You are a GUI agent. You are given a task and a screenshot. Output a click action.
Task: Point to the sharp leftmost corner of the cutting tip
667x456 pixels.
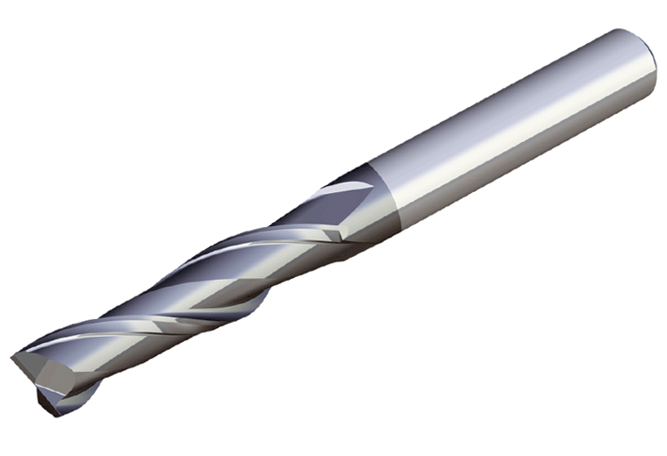click(11, 358)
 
